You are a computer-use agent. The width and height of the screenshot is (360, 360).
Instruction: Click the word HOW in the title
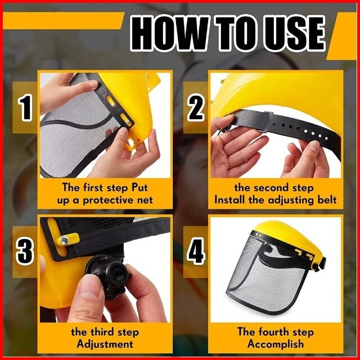[169, 34]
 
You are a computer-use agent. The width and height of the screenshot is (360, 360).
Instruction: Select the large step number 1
[25, 108]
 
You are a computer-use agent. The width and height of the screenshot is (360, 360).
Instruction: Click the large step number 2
[196, 108]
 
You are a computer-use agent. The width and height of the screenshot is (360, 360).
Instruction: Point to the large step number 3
[25, 251]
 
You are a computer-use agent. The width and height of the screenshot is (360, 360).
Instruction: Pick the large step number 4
[196, 251]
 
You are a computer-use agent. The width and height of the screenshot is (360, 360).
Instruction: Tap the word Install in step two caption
[230, 200]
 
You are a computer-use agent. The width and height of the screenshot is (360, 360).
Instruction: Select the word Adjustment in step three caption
[105, 344]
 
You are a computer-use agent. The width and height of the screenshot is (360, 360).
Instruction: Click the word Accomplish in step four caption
[276, 344]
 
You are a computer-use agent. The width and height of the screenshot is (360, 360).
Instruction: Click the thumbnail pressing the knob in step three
[88, 287]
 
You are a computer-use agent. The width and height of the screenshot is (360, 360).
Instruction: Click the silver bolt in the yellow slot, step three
[65, 240]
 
